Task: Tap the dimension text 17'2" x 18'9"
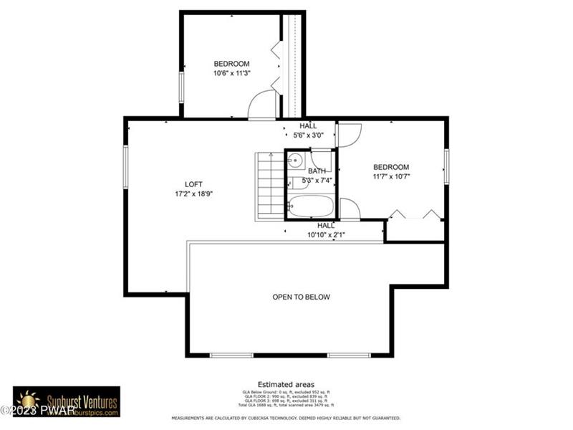tap(194, 193)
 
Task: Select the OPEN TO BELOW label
tap(301, 297)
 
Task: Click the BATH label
tap(317, 171)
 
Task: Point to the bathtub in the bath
tap(310, 207)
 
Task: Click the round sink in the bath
tap(294, 161)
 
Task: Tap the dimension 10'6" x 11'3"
tap(231, 73)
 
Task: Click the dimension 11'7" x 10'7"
tap(390, 176)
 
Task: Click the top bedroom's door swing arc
tap(262, 106)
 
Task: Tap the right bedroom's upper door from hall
tap(349, 135)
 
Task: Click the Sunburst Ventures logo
tap(67, 401)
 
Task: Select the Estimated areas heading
tap(286, 385)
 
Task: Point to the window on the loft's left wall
tap(125, 167)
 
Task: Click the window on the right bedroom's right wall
tap(446, 166)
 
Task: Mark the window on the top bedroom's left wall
tap(181, 84)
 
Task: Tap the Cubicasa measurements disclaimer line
tap(285, 418)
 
